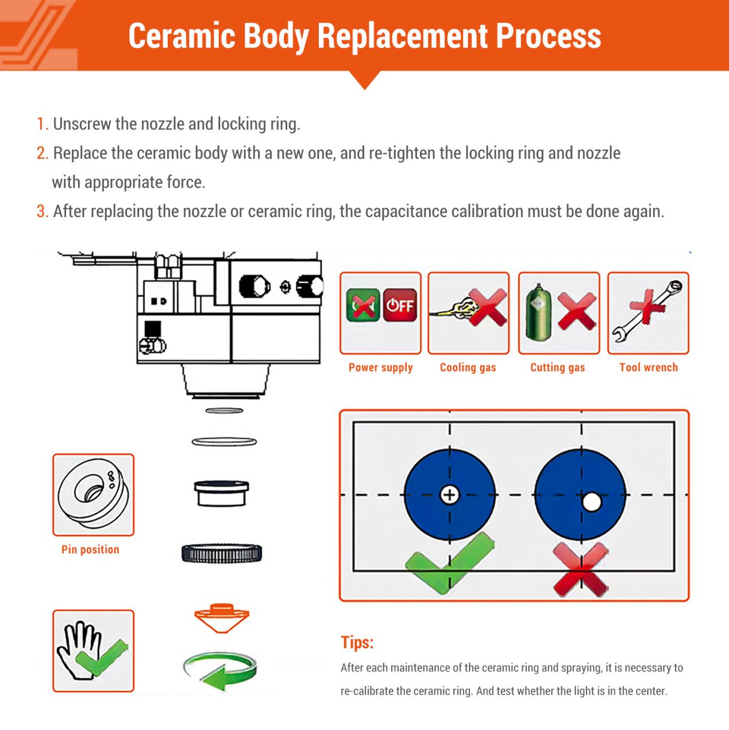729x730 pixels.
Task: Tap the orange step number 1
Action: pos(42,124)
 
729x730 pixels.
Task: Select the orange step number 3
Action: pos(42,211)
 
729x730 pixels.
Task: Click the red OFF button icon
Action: pos(400,304)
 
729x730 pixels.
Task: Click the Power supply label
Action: pos(380,368)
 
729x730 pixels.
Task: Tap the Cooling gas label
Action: pos(468,368)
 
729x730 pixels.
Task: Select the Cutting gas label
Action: pos(557,368)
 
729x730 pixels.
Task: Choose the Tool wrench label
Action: pos(648,368)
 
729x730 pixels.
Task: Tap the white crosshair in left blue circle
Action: pos(449,494)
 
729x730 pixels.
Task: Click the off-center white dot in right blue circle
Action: pos(591,502)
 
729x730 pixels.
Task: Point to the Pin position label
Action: pos(90,550)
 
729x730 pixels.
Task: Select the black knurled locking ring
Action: pos(222,553)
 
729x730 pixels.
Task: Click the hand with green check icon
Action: pos(92,651)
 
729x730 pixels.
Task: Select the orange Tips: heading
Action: pos(357,642)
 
